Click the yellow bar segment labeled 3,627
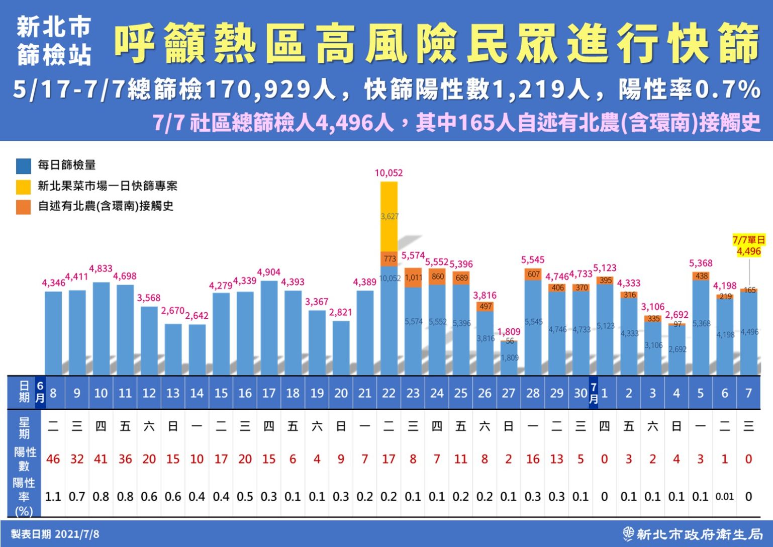click(389, 217)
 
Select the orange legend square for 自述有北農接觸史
click(23, 207)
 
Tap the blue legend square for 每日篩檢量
click(23, 165)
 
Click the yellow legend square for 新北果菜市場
click(23, 187)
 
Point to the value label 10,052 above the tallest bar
click(389, 173)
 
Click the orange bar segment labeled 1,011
click(413, 278)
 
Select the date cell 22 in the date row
click(389, 393)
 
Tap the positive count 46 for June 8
click(53, 459)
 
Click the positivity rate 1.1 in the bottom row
click(53, 497)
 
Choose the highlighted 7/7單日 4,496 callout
click(748, 246)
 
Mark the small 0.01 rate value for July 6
click(724, 497)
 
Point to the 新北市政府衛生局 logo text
click(699, 533)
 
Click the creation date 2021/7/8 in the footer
click(77, 534)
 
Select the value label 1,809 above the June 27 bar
click(509, 332)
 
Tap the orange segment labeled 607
click(533, 275)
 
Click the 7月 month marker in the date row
click(594, 393)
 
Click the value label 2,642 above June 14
click(197, 316)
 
